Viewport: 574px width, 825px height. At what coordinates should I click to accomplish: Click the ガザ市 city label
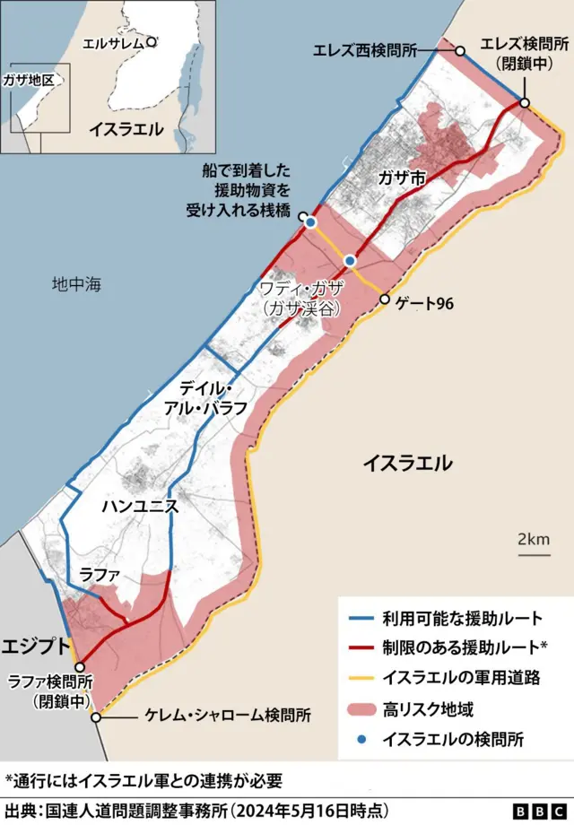coord(402,178)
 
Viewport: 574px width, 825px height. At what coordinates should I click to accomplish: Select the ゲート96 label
coord(423,304)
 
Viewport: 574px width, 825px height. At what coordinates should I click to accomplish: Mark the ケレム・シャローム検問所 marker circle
coord(96,716)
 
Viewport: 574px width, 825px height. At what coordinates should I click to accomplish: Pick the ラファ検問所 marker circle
coord(79,666)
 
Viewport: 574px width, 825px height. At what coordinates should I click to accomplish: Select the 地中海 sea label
coord(77,285)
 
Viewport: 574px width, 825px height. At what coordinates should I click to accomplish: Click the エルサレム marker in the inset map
coord(152,41)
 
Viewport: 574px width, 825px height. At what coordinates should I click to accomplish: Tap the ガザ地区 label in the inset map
coord(30,80)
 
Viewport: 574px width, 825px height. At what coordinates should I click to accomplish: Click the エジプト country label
coord(37,646)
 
